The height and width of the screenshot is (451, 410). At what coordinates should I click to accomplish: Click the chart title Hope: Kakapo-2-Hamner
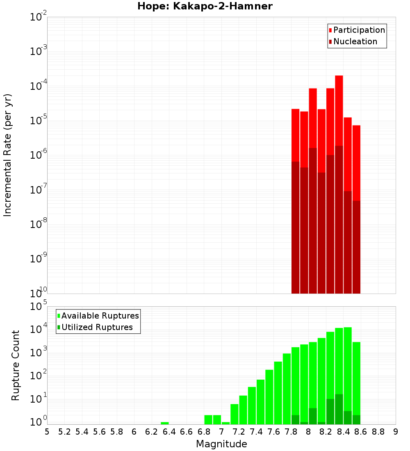pyautogui.click(x=205, y=6)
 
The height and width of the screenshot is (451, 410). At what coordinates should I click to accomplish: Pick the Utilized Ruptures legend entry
pyautogui.click(x=97, y=327)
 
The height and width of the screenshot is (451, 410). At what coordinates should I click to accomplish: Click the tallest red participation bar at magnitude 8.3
pyautogui.click(x=339, y=111)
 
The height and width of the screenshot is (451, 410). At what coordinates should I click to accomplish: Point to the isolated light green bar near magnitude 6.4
pyautogui.click(x=164, y=423)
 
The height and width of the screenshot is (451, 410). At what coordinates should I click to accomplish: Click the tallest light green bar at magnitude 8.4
pyautogui.click(x=348, y=369)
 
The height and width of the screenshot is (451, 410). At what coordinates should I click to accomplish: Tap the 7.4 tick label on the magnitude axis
pyautogui.click(x=256, y=432)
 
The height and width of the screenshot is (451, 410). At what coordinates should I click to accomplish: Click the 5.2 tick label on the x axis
pyautogui.click(x=64, y=432)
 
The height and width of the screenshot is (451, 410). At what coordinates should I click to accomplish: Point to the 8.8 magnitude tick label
pyautogui.click(x=378, y=432)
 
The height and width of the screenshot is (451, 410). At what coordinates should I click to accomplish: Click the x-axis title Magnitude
pyautogui.click(x=221, y=444)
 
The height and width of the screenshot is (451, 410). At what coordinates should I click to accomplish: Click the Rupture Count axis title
pyautogui.click(x=16, y=365)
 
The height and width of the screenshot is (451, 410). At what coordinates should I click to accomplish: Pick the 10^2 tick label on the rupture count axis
pyautogui.click(x=39, y=376)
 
